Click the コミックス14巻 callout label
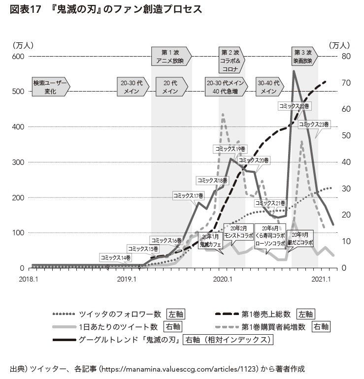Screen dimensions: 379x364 pyautogui.click(x=116, y=257)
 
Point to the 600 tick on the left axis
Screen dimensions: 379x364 pyautogui.click(x=17, y=57)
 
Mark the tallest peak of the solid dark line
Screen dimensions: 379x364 pyautogui.click(x=294, y=71)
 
